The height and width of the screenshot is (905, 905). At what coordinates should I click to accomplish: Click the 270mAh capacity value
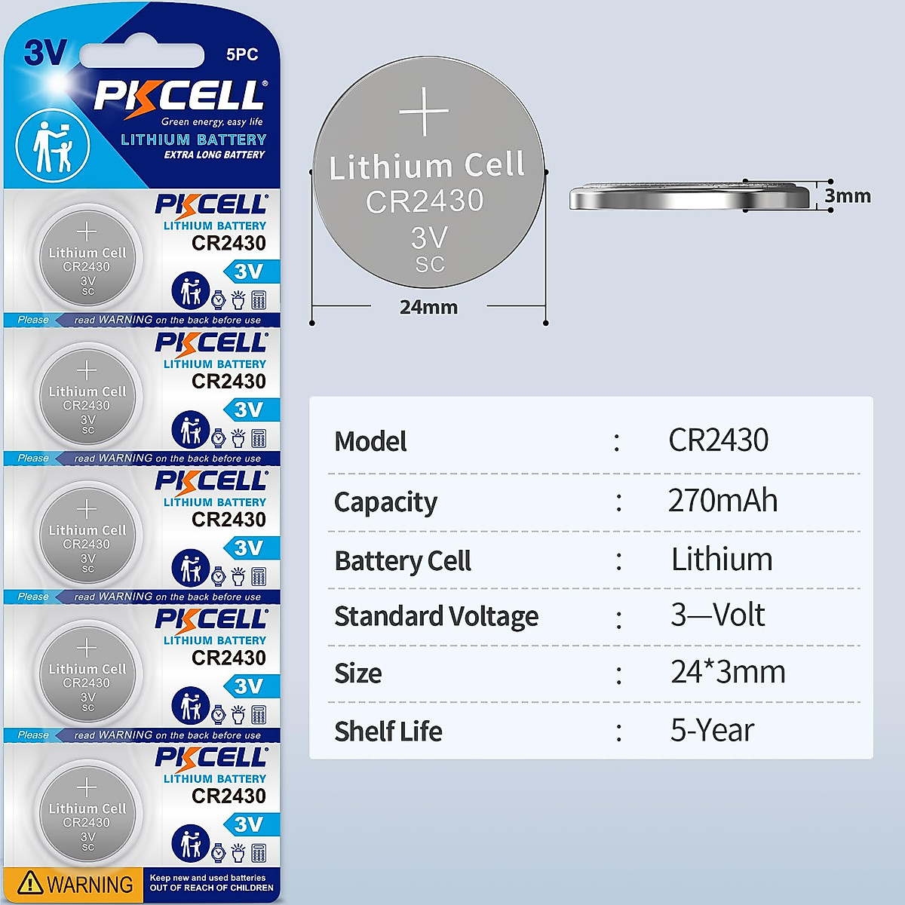tap(722, 501)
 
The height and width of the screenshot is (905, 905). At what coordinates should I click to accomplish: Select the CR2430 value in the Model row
tap(718, 440)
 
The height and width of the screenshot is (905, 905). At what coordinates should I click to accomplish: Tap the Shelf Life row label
tap(388, 731)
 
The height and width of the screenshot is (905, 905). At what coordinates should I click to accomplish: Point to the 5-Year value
tap(712, 730)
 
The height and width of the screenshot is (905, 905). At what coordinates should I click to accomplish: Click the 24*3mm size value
tap(728, 672)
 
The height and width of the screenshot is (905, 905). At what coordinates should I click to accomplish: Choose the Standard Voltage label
tap(436, 616)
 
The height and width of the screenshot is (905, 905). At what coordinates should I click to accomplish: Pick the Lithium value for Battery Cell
tap(722, 560)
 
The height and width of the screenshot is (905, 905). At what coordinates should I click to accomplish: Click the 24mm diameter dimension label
tap(428, 307)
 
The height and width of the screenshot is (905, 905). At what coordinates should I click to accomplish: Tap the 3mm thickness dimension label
tap(848, 196)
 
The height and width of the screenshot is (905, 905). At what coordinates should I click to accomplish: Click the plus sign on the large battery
tap(424, 112)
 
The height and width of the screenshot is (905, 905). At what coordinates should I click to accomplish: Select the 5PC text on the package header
tap(242, 54)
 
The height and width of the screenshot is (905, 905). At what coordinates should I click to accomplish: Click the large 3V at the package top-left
tap(45, 54)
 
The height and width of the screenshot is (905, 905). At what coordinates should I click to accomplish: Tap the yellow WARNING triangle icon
tap(30, 882)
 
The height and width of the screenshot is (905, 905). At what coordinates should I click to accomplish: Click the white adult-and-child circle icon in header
tap(53, 146)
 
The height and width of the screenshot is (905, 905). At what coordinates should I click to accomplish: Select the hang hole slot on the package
tap(142, 55)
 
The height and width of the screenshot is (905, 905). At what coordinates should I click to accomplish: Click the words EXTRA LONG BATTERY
tap(214, 155)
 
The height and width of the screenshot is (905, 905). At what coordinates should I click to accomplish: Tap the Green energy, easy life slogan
tap(212, 121)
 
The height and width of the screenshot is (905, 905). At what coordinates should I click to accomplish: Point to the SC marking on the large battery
tap(430, 265)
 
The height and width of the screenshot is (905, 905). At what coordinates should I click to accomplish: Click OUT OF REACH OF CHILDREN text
tap(211, 888)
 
